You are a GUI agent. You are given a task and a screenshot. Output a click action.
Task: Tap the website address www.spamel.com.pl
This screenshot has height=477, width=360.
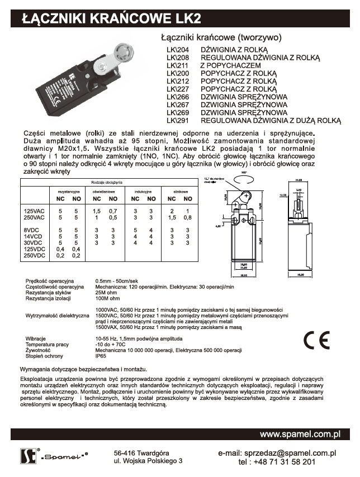[300, 433]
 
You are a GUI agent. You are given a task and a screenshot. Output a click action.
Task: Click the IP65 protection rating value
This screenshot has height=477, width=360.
[101, 355]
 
